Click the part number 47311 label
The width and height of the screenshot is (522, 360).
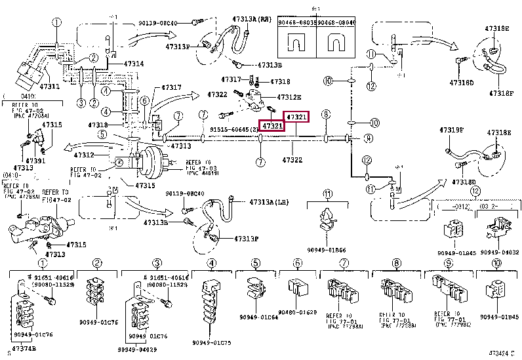[x=49, y=86]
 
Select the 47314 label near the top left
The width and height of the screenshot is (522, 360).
[x=133, y=64]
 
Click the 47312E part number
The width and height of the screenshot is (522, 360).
[x=289, y=98]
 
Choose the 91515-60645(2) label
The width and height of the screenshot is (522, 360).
[x=233, y=130]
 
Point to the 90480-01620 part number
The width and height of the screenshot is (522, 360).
[x=297, y=312]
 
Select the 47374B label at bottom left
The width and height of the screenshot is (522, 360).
[x=24, y=348]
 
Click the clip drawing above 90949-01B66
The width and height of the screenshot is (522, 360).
[x=327, y=220]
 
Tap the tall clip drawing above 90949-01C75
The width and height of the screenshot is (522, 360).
[x=211, y=301]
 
